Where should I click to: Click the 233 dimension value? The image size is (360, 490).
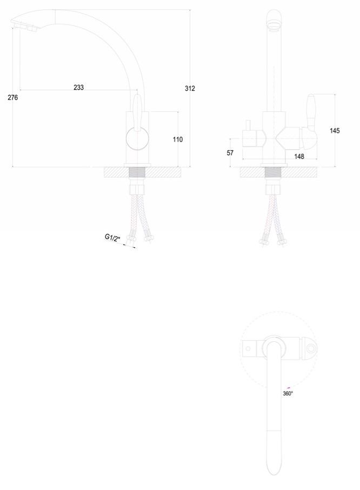pyautogui.click(x=79, y=87)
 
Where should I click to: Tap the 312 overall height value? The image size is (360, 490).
pyautogui.click(x=190, y=89)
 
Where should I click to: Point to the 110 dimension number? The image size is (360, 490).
pyautogui.click(x=178, y=140)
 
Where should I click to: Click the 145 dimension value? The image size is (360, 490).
pyautogui.click(x=335, y=130)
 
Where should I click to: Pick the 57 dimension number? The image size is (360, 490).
pyautogui.click(x=230, y=153)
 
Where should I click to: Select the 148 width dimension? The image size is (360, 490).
pyautogui.click(x=299, y=156)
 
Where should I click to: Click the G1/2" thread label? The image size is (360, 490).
pyautogui.click(x=112, y=237)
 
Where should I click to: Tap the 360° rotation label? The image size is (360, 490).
pyautogui.click(x=288, y=393)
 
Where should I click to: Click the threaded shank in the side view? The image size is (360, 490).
pyautogui.click(x=139, y=173)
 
